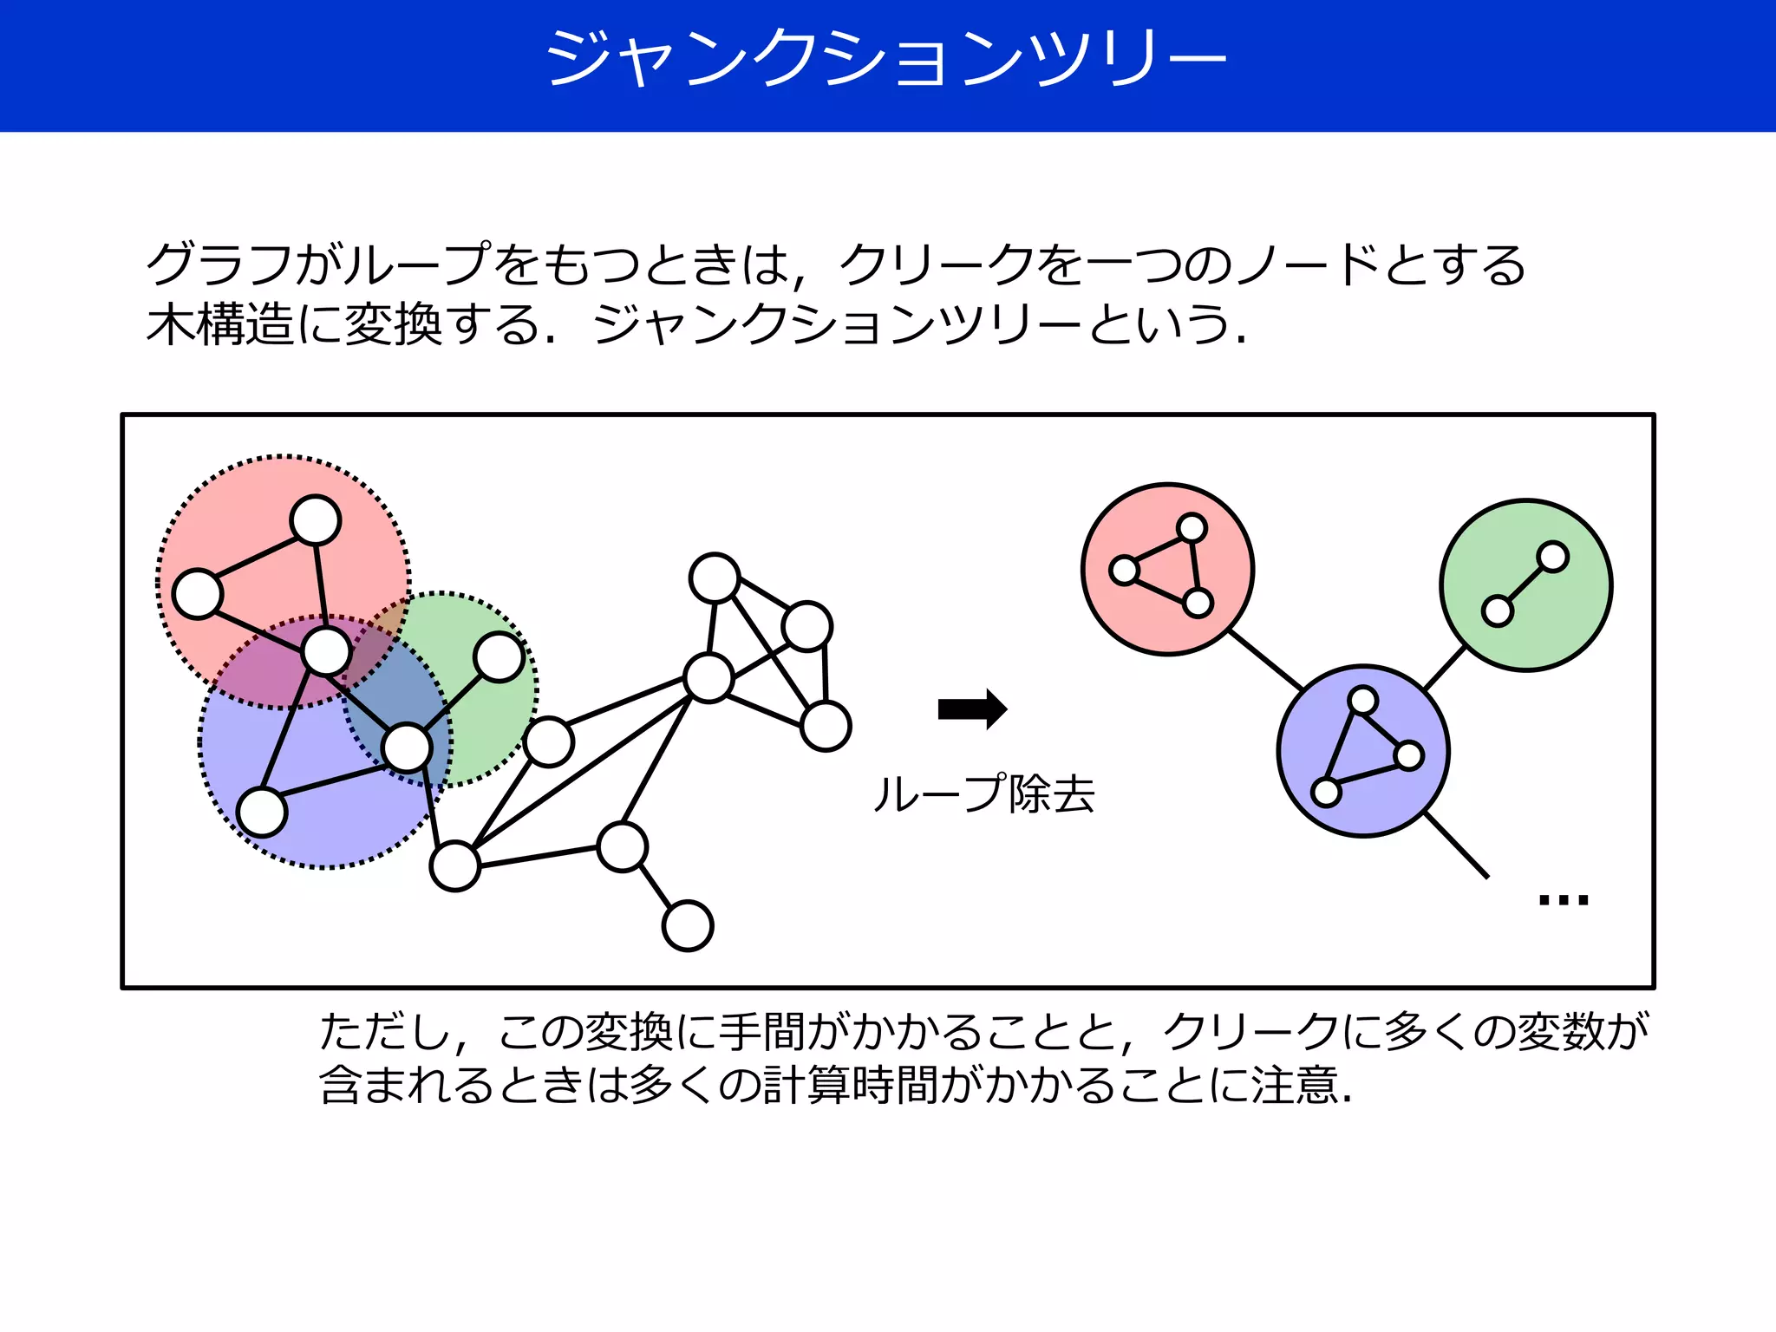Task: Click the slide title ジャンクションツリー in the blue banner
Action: pyautogui.click(x=886, y=59)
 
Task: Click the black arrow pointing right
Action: pyautogui.click(x=972, y=709)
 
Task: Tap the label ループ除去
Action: pyautogui.click(x=983, y=793)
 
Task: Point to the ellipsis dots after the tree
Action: pyautogui.click(x=1563, y=899)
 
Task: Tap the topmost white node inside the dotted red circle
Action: pyautogui.click(x=316, y=520)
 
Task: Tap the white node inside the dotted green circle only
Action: pyautogui.click(x=499, y=657)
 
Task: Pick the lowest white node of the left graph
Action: pyautogui.click(x=688, y=926)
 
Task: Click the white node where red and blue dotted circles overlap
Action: pyautogui.click(x=326, y=652)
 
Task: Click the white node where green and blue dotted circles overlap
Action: pyautogui.click(x=407, y=748)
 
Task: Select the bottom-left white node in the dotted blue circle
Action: pyautogui.click(x=262, y=813)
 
